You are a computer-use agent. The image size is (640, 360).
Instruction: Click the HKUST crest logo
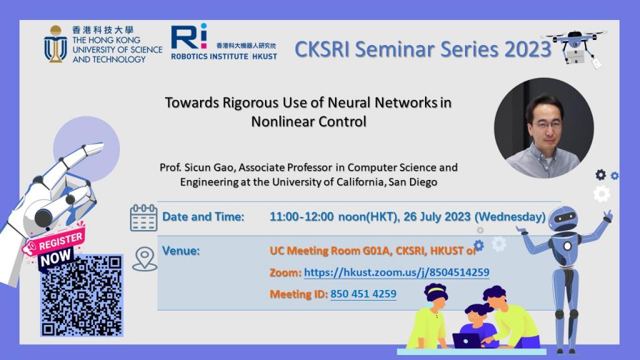pyautogui.click(x=56, y=44)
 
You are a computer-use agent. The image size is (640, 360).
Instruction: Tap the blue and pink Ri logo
pyautogui.click(x=189, y=36)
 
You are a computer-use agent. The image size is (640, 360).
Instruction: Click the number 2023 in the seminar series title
pyautogui.click(x=527, y=49)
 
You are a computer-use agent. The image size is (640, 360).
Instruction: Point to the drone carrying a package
pyautogui.click(x=576, y=46)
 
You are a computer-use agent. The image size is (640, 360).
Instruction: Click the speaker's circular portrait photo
pyautogui.click(x=544, y=127)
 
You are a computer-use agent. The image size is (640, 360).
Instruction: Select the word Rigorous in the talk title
pyautogui.click(x=249, y=102)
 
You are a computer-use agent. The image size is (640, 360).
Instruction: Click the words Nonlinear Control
pyautogui.click(x=309, y=122)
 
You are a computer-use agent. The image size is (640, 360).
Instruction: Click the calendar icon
pyautogui.click(x=143, y=218)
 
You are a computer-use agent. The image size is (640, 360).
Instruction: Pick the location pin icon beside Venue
pyautogui.click(x=144, y=259)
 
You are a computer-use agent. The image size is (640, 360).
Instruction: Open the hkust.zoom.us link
pyautogui.click(x=396, y=272)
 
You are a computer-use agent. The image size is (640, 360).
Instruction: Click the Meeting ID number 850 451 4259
pyautogui.click(x=363, y=294)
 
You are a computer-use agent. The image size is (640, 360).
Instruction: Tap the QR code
pyautogui.click(x=82, y=296)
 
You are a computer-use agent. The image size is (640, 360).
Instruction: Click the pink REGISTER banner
pyautogui.click(x=61, y=242)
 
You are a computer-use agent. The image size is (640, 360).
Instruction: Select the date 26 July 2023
pyautogui.click(x=437, y=217)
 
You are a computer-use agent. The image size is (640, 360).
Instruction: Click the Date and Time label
pyautogui.click(x=203, y=217)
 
